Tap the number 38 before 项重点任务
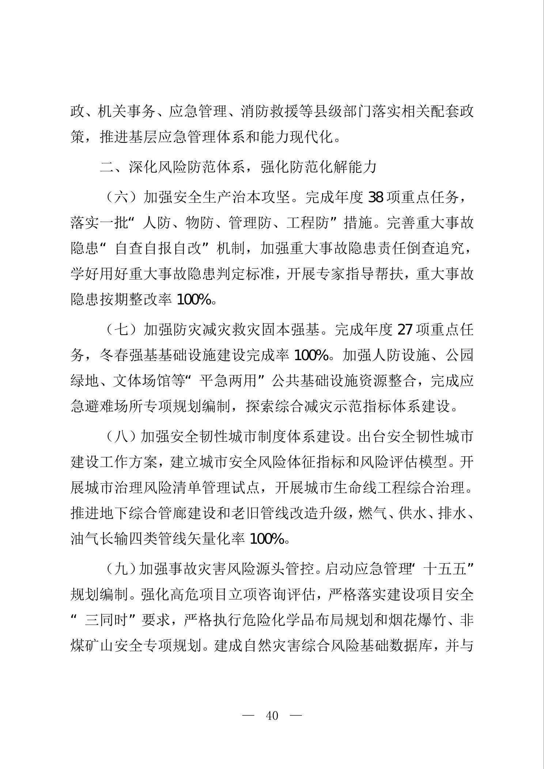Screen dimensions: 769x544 pyautogui.click(x=375, y=198)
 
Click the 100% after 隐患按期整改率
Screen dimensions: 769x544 pyautogui.click(x=194, y=300)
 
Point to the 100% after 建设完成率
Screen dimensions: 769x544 pyautogui.click(x=311, y=355)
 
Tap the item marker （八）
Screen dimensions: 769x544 pyautogui.click(x=120, y=437)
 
